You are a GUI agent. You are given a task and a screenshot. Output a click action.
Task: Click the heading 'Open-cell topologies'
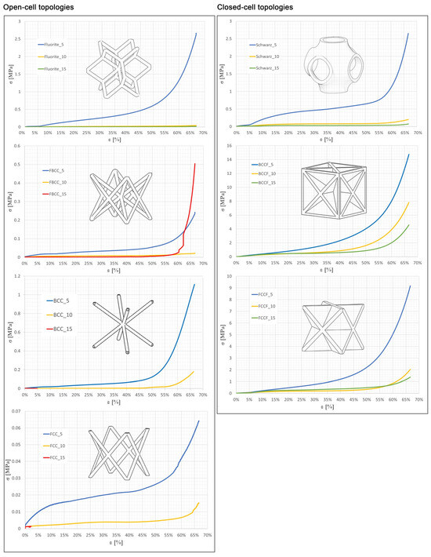[41, 7]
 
